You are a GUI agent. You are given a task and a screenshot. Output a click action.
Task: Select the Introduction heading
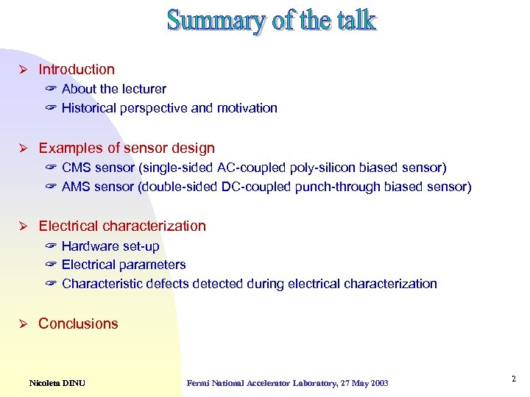pos(77,70)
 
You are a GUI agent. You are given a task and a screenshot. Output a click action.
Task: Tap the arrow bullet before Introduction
pos(23,70)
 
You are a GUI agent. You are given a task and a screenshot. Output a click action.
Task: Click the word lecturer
pos(141,89)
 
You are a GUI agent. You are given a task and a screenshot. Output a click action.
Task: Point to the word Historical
pos(91,108)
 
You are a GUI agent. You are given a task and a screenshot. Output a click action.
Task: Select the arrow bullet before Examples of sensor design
pos(23,149)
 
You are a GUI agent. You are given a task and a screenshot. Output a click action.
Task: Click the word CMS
pos(77,168)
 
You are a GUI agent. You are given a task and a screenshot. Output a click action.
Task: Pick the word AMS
pos(77,187)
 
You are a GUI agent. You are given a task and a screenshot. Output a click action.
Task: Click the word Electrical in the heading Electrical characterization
pos(68,226)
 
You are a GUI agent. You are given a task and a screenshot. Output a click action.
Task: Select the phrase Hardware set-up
pos(110,246)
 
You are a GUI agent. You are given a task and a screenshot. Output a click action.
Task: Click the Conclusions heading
pos(78,324)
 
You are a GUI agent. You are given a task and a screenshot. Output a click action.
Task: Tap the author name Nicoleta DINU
pos(57,383)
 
